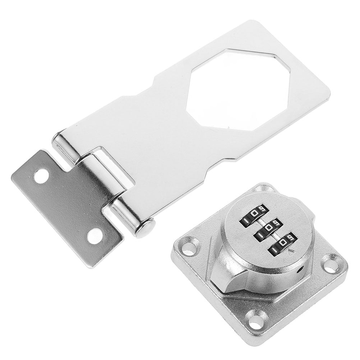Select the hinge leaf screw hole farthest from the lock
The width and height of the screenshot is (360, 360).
click(x=42, y=176)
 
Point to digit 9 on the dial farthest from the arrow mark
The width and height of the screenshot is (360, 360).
click(x=262, y=209)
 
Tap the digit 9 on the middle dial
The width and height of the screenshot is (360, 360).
click(x=276, y=224)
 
